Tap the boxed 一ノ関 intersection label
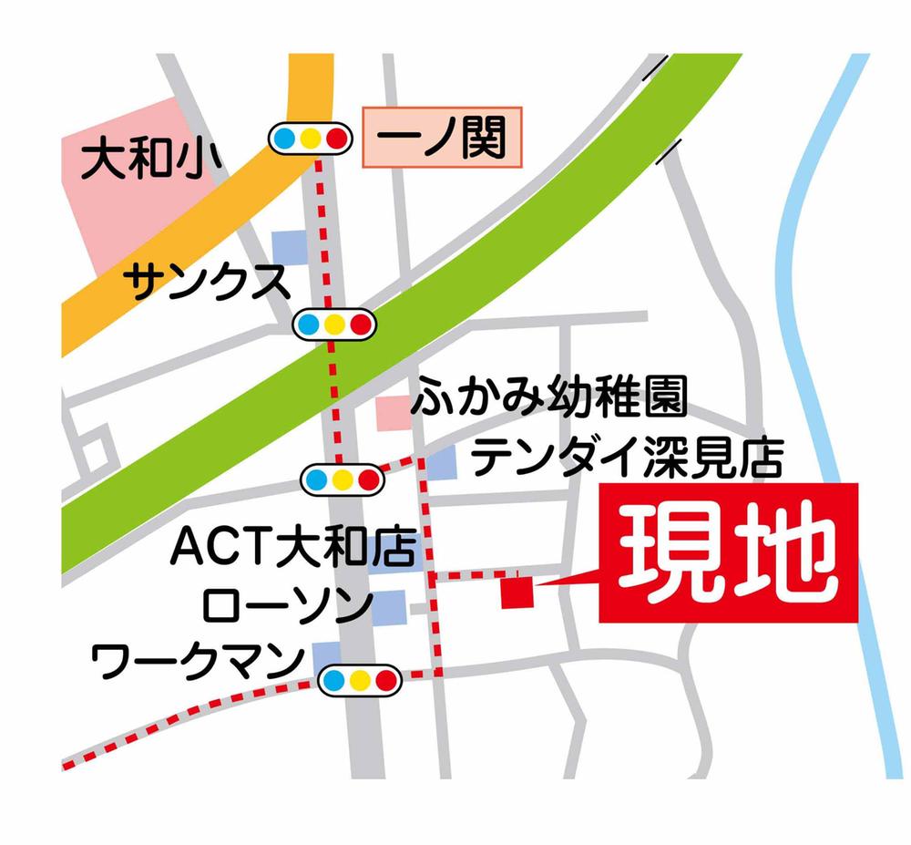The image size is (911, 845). click(x=442, y=139)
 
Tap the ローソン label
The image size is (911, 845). click(x=288, y=604)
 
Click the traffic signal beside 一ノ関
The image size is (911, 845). click(x=310, y=139)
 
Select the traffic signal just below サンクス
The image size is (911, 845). click(x=333, y=323)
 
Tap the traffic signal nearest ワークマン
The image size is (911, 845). click(x=360, y=678)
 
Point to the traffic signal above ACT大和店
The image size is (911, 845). click(x=343, y=477)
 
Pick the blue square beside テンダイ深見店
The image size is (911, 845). click(x=444, y=462)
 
